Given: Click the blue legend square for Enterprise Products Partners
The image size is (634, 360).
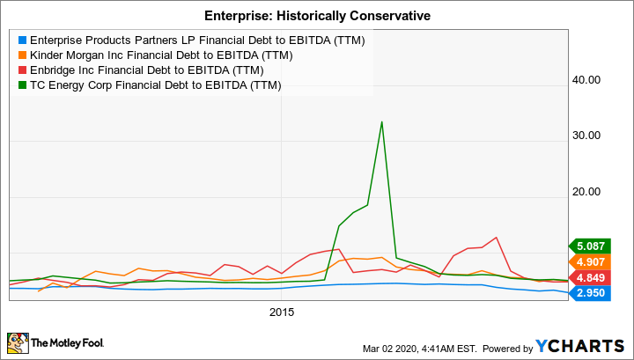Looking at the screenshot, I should (x=21, y=40).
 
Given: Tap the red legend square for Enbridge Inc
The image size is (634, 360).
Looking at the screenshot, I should (x=21, y=70).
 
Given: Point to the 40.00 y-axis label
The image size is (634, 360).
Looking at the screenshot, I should (x=586, y=79).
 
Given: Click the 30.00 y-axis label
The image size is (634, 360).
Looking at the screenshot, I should (x=586, y=136).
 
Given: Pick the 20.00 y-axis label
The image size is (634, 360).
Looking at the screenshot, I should (x=586, y=192).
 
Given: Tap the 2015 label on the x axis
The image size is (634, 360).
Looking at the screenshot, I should (x=282, y=312).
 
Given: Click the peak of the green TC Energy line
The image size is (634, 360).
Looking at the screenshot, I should (x=381, y=122).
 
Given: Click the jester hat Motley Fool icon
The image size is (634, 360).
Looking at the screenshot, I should (x=17, y=342).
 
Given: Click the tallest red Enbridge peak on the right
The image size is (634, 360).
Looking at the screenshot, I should (x=498, y=238).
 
